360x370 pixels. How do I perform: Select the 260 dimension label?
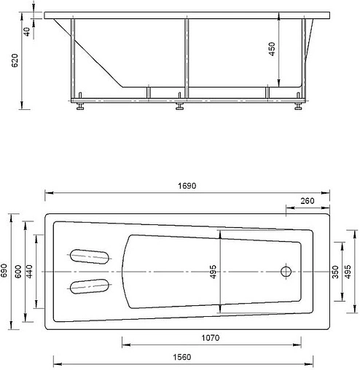306,201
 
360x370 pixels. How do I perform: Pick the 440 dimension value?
30,271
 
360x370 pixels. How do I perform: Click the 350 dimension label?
335,271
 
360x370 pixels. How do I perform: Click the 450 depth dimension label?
272,51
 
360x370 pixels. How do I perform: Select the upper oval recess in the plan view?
90,256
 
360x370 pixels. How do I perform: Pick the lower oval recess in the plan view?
90,286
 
